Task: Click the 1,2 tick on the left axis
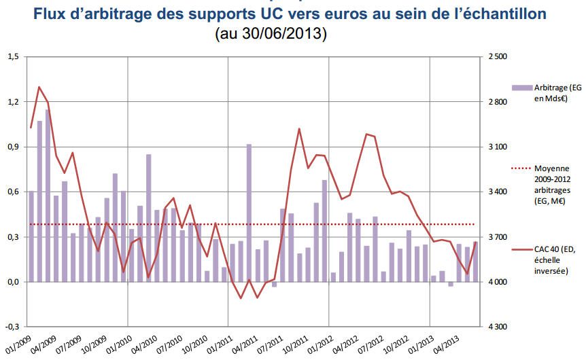pos(13,102)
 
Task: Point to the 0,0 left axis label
pos(13,282)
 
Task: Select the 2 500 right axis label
pos(498,57)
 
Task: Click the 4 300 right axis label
pos(498,327)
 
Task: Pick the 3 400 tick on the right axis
pos(498,192)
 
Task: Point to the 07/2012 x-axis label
pos(368,344)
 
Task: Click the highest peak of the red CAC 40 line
pos(39,87)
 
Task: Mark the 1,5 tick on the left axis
pos(13,57)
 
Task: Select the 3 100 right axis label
pos(498,147)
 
